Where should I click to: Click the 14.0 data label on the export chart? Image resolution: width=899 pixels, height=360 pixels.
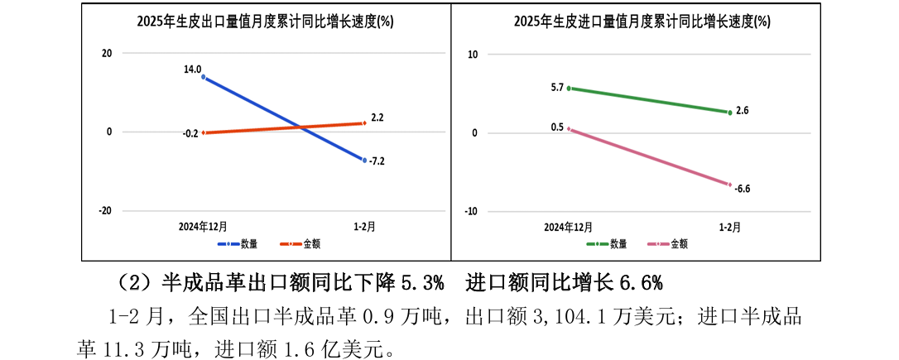point(192,70)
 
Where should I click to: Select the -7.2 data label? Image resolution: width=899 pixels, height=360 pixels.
point(377,161)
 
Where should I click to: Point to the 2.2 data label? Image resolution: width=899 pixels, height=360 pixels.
point(377,118)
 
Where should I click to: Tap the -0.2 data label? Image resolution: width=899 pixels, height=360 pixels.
point(191,133)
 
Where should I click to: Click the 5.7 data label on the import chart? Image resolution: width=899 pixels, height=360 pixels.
point(557,87)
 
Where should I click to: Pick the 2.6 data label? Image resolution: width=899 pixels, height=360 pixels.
point(742,110)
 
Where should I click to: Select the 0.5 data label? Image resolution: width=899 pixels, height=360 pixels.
point(557,127)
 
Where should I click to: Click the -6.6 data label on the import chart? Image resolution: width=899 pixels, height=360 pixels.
point(742,189)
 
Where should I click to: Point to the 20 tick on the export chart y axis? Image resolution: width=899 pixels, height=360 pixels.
point(106,54)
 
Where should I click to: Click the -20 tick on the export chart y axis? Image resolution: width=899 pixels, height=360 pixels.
point(104,211)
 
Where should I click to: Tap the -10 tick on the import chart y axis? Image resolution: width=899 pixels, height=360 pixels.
point(472,211)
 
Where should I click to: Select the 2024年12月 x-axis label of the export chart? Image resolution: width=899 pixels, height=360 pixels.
point(204,225)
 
